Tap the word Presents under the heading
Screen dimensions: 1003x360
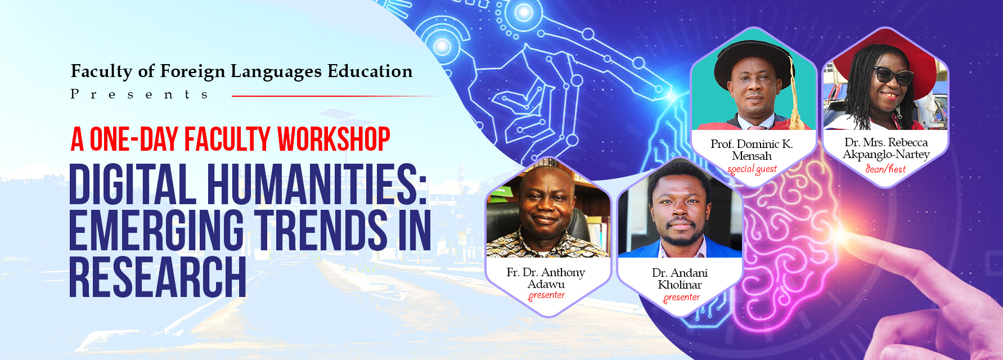(x=140, y=94)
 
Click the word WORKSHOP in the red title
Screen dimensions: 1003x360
(x=334, y=139)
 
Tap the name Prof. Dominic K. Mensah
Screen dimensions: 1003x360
(x=752, y=150)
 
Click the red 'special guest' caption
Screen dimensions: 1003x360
(x=752, y=169)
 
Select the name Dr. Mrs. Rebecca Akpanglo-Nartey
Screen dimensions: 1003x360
(x=886, y=148)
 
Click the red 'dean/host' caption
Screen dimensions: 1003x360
(x=885, y=168)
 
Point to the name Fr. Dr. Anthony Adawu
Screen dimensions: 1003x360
(x=546, y=278)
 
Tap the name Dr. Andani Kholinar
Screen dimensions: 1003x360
(x=680, y=278)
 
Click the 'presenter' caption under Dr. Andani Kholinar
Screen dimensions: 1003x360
(x=681, y=298)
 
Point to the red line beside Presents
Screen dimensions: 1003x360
(x=338, y=96)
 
